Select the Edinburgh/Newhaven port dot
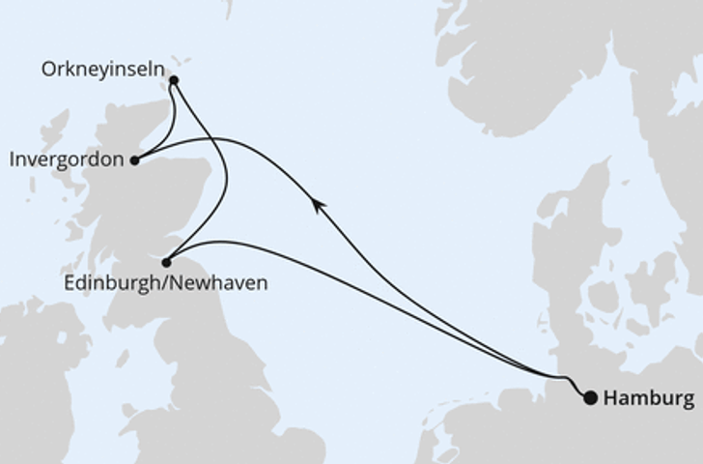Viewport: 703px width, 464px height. click(x=167, y=262)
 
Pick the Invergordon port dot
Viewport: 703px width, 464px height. click(x=135, y=160)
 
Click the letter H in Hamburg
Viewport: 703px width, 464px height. click(x=610, y=398)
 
